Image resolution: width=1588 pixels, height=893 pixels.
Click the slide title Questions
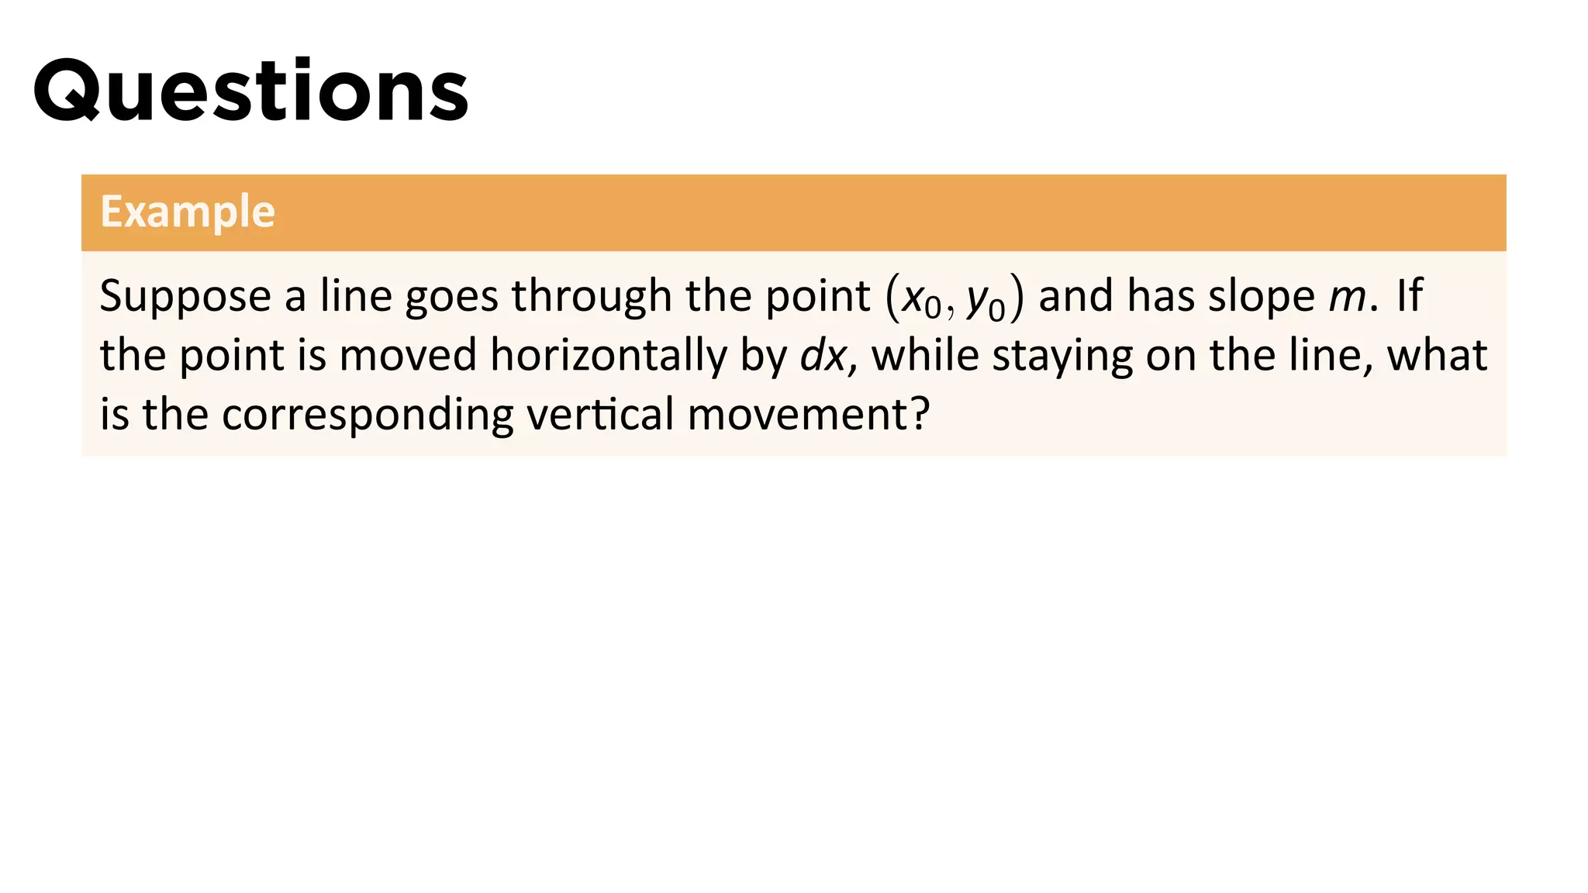point(250,91)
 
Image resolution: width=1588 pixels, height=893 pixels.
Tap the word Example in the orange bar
point(188,212)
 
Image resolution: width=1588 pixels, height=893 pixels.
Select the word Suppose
point(185,297)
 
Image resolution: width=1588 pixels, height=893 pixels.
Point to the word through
point(592,295)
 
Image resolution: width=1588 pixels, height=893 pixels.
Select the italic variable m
point(1347,297)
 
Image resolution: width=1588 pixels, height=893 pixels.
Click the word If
point(1409,295)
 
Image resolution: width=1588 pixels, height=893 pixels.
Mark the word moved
point(408,355)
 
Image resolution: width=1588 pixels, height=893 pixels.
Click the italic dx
point(823,355)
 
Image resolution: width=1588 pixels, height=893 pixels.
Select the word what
point(1437,355)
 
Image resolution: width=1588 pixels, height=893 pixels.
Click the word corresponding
point(368,415)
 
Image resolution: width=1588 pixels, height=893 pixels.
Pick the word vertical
point(600,414)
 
